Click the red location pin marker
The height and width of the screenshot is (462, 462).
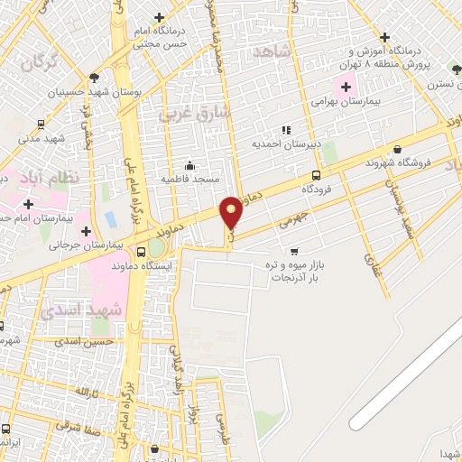tap(232, 212)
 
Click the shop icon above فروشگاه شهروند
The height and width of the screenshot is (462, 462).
tap(397, 150)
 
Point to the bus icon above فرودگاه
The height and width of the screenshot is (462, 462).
tap(316, 175)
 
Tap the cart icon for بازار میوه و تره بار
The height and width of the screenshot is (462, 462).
tap(294, 252)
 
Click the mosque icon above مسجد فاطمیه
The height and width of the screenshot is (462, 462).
tap(189, 165)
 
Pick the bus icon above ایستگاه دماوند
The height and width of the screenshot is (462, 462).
tap(140, 251)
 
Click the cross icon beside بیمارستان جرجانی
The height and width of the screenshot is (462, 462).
tap(86, 232)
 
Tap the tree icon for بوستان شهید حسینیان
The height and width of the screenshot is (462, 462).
tap(95, 79)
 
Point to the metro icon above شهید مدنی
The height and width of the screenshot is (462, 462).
tap(40, 125)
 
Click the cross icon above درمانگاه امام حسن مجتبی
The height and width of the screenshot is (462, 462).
tap(159, 17)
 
